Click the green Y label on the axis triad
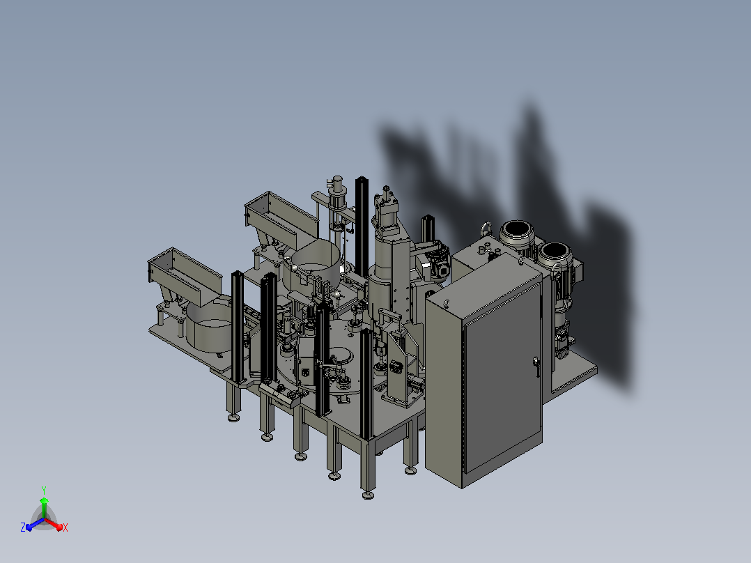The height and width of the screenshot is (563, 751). click(x=44, y=490)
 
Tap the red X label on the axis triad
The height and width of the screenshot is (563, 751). click(x=65, y=527)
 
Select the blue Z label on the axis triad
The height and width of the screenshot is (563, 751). click(x=23, y=527)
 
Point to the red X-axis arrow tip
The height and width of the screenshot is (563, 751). click(x=60, y=528)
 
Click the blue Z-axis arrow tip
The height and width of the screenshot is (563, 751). click(x=29, y=528)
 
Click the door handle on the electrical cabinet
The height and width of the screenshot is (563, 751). click(x=536, y=366)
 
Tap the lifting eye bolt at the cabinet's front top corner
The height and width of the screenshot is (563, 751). click(x=447, y=303)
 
